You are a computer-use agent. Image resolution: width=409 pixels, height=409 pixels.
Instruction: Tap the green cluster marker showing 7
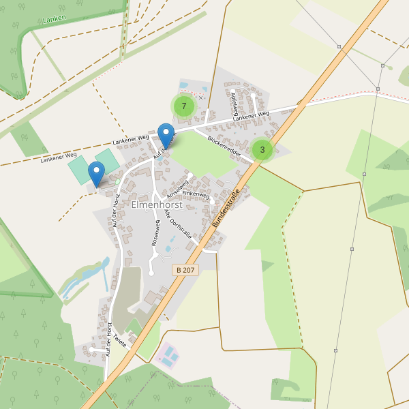point(183,106)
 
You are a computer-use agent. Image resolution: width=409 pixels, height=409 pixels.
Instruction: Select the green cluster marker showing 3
point(262,150)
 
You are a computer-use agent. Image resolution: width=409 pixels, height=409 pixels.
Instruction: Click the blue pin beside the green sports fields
point(97,173)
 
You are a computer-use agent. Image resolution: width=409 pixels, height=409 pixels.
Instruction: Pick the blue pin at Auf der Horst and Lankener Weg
point(166,134)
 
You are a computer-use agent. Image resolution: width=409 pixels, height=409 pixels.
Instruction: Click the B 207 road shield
point(185,271)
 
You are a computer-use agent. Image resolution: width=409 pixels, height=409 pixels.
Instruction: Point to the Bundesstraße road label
point(227,209)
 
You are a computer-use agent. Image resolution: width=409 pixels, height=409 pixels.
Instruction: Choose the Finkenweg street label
point(195,194)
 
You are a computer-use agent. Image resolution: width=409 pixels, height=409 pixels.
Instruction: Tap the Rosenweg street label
point(156,233)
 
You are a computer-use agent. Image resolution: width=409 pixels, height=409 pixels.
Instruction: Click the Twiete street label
point(120,339)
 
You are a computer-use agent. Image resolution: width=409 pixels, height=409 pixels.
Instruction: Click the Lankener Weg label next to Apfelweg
point(251,117)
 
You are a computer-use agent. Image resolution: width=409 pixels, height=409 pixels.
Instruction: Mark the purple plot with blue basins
point(168,354)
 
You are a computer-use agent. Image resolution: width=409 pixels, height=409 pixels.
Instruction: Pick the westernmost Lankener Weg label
point(58,157)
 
